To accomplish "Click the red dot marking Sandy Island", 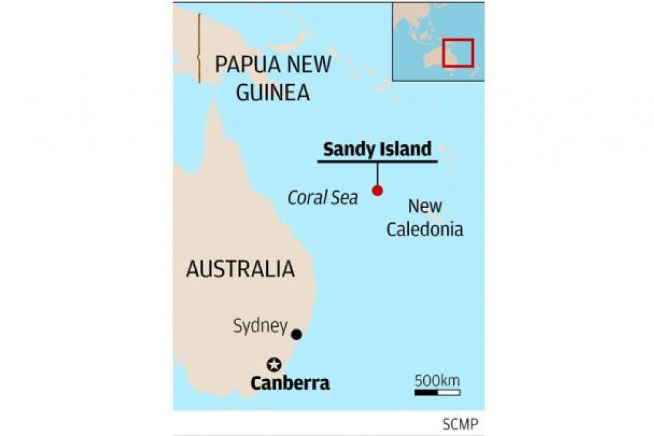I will pyautogui.click(x=378, y=190).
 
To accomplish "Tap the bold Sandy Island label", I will pyautogui.click(x=377, y=149).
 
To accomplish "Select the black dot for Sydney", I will pyautogui.click(x=296, y=334).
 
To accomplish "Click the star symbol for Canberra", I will pyautogui.click(x=274, y=365).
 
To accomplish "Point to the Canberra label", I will pyautogui.click(x=290, y=383).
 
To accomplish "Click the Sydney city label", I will pyautogui.click(x=260, y=326).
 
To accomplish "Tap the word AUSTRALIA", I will pyautogui.click(x=240, y=269).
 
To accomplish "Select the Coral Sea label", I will pyautogui.click(x=323, y=197).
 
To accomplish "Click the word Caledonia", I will pyautogui.click(x=424, y=229).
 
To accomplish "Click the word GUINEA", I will pyautogui.click(x=272, y=92).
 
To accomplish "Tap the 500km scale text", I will pyautogui.click(x=437, y=380).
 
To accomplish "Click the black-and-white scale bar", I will pyautogui.click(x=437, y=392).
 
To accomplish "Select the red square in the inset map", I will pyautogui.click(x=458, y=53).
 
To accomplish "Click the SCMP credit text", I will pyautogui.click(x=459, y=424).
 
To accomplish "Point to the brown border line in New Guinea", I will pyautogui.click(x=199, y=48).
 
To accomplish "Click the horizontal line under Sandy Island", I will pyautogui.click(x=378, y=161).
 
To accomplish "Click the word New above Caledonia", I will pyautogui.click(x=425, y=206).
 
